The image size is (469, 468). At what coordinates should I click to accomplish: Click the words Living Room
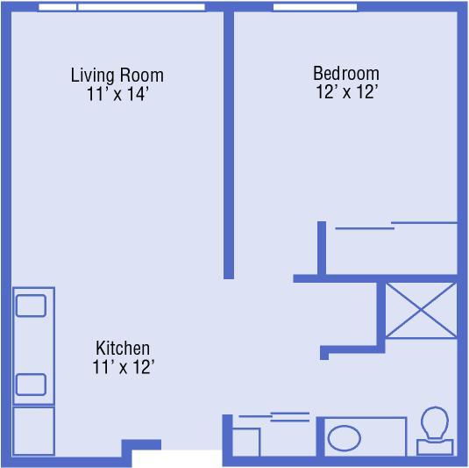pos(117,75)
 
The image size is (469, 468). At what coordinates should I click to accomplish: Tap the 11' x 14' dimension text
pos(117,94)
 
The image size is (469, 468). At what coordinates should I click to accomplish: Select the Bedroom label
pos(346,73)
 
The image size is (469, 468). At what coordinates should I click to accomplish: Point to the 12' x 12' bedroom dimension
pos(347,91)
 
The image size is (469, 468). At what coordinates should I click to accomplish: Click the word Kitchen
pos(123,348)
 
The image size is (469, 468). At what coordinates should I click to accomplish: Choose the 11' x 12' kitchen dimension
pos(124,366)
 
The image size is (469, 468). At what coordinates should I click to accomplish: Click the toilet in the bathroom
pos(435,430)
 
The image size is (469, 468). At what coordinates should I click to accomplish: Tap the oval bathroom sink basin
pos(345,438)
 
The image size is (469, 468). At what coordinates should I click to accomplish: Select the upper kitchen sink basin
pos(31,306)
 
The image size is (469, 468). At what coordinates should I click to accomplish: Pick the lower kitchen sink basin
pos(31,385)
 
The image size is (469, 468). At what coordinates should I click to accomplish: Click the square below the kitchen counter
pos(33,430)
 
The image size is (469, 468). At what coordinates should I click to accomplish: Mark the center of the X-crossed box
pos(421,310)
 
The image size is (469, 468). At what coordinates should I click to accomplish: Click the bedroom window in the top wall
pos(316,7)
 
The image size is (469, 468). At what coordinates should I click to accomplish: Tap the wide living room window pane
pos(141,7)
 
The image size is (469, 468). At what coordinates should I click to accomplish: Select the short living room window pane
pos(58,7)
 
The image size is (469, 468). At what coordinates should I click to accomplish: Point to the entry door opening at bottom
pos(177,458)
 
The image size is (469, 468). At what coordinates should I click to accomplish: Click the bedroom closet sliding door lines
pos(396,226)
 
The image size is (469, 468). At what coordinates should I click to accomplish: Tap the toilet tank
pos(435,448)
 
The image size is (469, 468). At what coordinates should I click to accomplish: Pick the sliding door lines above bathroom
pos(274,417)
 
